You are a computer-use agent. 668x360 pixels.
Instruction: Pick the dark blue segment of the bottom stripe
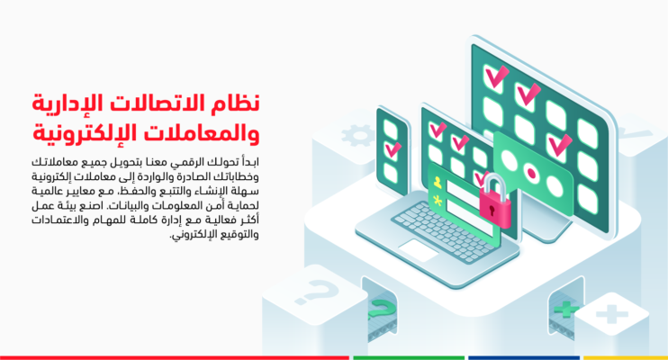[x=523, y=357]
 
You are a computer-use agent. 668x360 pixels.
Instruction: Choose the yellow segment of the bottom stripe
[x=626, y=357]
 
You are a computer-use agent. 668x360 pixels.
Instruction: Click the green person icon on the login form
[x=438, y=182]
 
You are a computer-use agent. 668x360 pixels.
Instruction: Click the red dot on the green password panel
[x=532, y=170]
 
